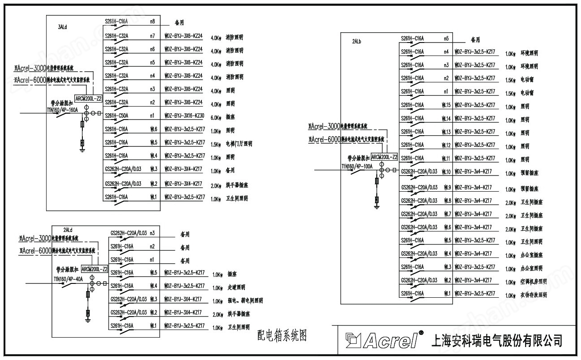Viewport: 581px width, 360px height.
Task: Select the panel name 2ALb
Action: [x=357, y=42]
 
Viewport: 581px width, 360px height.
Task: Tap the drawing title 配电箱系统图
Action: [x=283, y=335]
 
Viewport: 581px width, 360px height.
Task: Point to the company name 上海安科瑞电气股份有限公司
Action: [x=496, y=340]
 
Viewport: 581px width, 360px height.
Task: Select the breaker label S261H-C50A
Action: [x=116, y=116]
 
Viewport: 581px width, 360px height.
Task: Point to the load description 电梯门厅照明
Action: [x=239, y=144]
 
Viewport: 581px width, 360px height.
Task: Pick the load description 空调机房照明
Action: [x=534, y=282]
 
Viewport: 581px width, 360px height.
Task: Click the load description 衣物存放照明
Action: [x=534, y=296]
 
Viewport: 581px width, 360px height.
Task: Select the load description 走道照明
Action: [x=236, y=287]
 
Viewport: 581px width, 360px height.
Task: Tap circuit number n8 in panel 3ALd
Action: [x=153, y=21]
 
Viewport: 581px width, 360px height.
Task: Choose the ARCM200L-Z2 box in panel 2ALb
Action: [x=384, y=157]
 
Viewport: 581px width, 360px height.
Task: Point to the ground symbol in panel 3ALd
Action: [x=82, y=150]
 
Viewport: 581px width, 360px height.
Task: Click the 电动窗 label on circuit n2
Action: [x=527, y=80]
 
